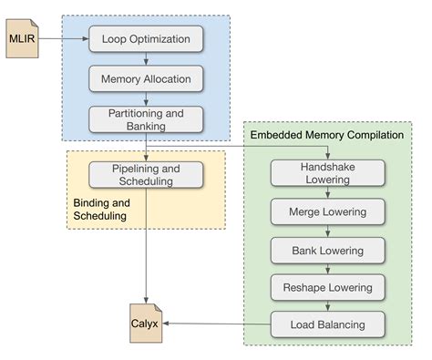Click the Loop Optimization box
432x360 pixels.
[x=145, y=39]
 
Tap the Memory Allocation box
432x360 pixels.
[x=145, y=79]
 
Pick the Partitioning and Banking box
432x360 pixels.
[x=145, y=119]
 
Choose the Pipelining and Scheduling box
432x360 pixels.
[x=145, y=174]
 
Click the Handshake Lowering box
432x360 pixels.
[x=326, y=173]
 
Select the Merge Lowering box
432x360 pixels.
[x=326, y=211]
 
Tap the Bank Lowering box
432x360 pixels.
[x=326, y=250]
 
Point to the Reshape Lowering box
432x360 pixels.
[x=326, y=287]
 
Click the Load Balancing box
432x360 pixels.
[x=326, y=324]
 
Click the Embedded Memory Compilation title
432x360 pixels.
[x=326, y=135]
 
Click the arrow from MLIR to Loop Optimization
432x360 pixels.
[x=64, y=39]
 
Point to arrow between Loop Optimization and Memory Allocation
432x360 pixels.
[x=145, y=59]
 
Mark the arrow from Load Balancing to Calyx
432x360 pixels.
[x=215, y=324]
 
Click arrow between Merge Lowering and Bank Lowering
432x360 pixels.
[x=326, y=231]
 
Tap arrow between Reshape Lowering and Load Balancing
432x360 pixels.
[x=326, y=306]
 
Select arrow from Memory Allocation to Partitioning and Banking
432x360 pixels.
[x=145, y=99]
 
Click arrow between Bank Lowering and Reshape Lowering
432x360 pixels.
[x=326, y=269]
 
